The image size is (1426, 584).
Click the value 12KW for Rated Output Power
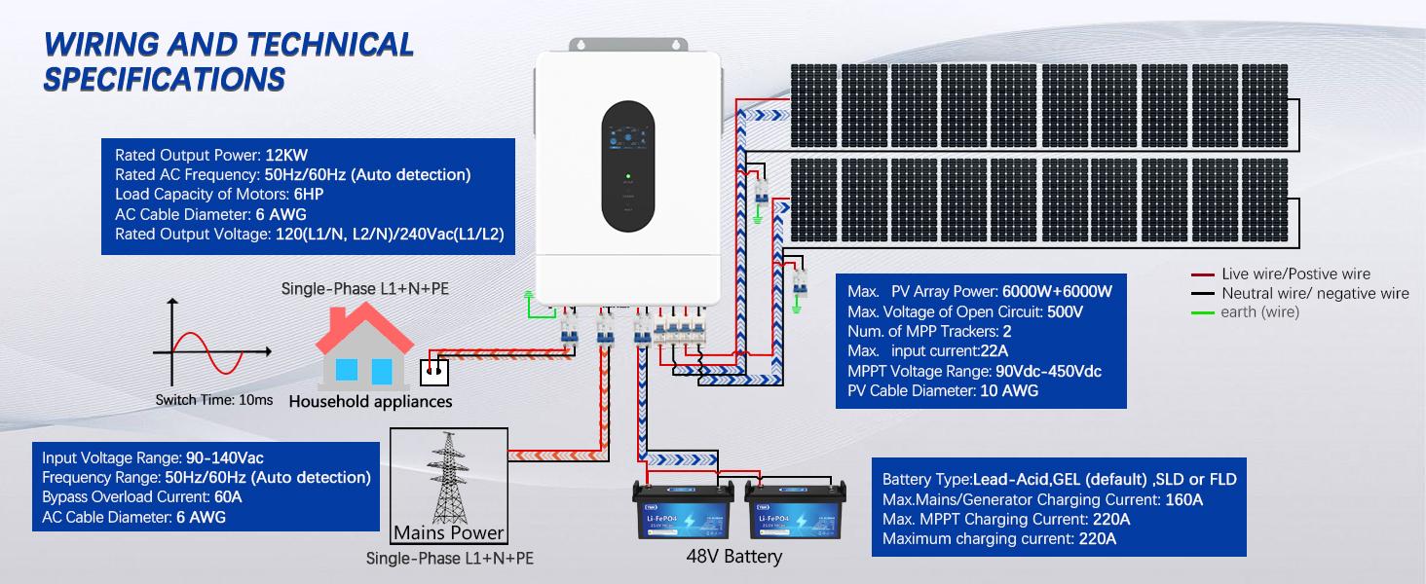286,155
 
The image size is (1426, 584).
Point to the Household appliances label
371,401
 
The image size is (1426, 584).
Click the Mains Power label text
449,532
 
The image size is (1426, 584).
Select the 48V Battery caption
733,557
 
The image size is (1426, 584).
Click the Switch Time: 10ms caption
214,400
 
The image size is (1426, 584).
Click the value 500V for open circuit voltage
1065,312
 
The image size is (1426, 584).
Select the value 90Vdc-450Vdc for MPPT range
1048,372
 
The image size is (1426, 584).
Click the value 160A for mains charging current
1184,499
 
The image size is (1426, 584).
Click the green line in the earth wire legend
1204,312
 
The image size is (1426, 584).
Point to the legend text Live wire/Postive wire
1295,274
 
